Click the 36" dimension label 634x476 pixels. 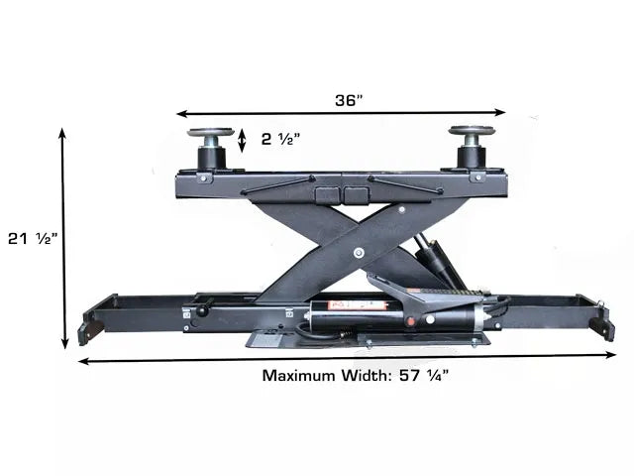(350, 100)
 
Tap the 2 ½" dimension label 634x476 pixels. (280, 139)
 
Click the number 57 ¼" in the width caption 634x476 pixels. (424, 375)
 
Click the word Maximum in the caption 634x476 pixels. (299, 376)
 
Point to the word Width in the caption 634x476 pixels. (365, 376)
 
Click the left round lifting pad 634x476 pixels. (211, 132)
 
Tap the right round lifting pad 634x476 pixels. (472, 130)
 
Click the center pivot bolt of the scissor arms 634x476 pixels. (359, 254)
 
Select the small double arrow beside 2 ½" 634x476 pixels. (242, 141)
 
